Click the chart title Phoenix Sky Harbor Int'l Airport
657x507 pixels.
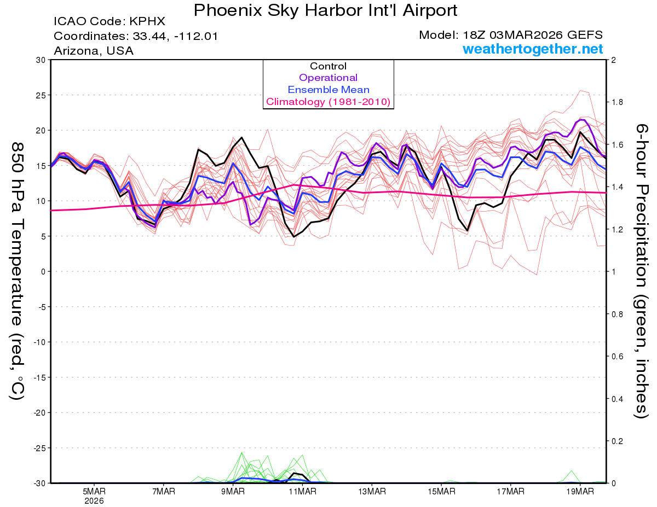[x=325, y=10]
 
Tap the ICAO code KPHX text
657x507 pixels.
[x=109, y=22]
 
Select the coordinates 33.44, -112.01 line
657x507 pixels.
[x=136, y=37]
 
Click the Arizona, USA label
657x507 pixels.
[x=94, y=51]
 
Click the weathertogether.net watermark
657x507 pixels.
[x=533, y=49]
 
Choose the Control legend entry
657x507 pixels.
[x=328, y=66]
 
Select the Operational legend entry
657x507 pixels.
[x=328, y=78]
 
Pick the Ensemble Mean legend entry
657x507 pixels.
[x=328, y=90]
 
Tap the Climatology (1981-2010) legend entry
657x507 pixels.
[x=328, y=102]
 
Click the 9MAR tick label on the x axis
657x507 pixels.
[x=233, y=492]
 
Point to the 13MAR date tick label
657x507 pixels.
[x=371, y=492]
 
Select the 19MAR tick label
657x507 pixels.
[x=579, y=492]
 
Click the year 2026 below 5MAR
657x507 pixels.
[x=94, y=500]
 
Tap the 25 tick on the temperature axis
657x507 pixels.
[x=40, y=95]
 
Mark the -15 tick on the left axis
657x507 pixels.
[x=38, y=377]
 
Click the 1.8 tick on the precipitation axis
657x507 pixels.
[x=617, y=102]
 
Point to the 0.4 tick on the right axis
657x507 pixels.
[x=617, y=399]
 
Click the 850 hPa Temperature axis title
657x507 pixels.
[x=18, y=271]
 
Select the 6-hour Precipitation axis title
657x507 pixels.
[x=642, y=271]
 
